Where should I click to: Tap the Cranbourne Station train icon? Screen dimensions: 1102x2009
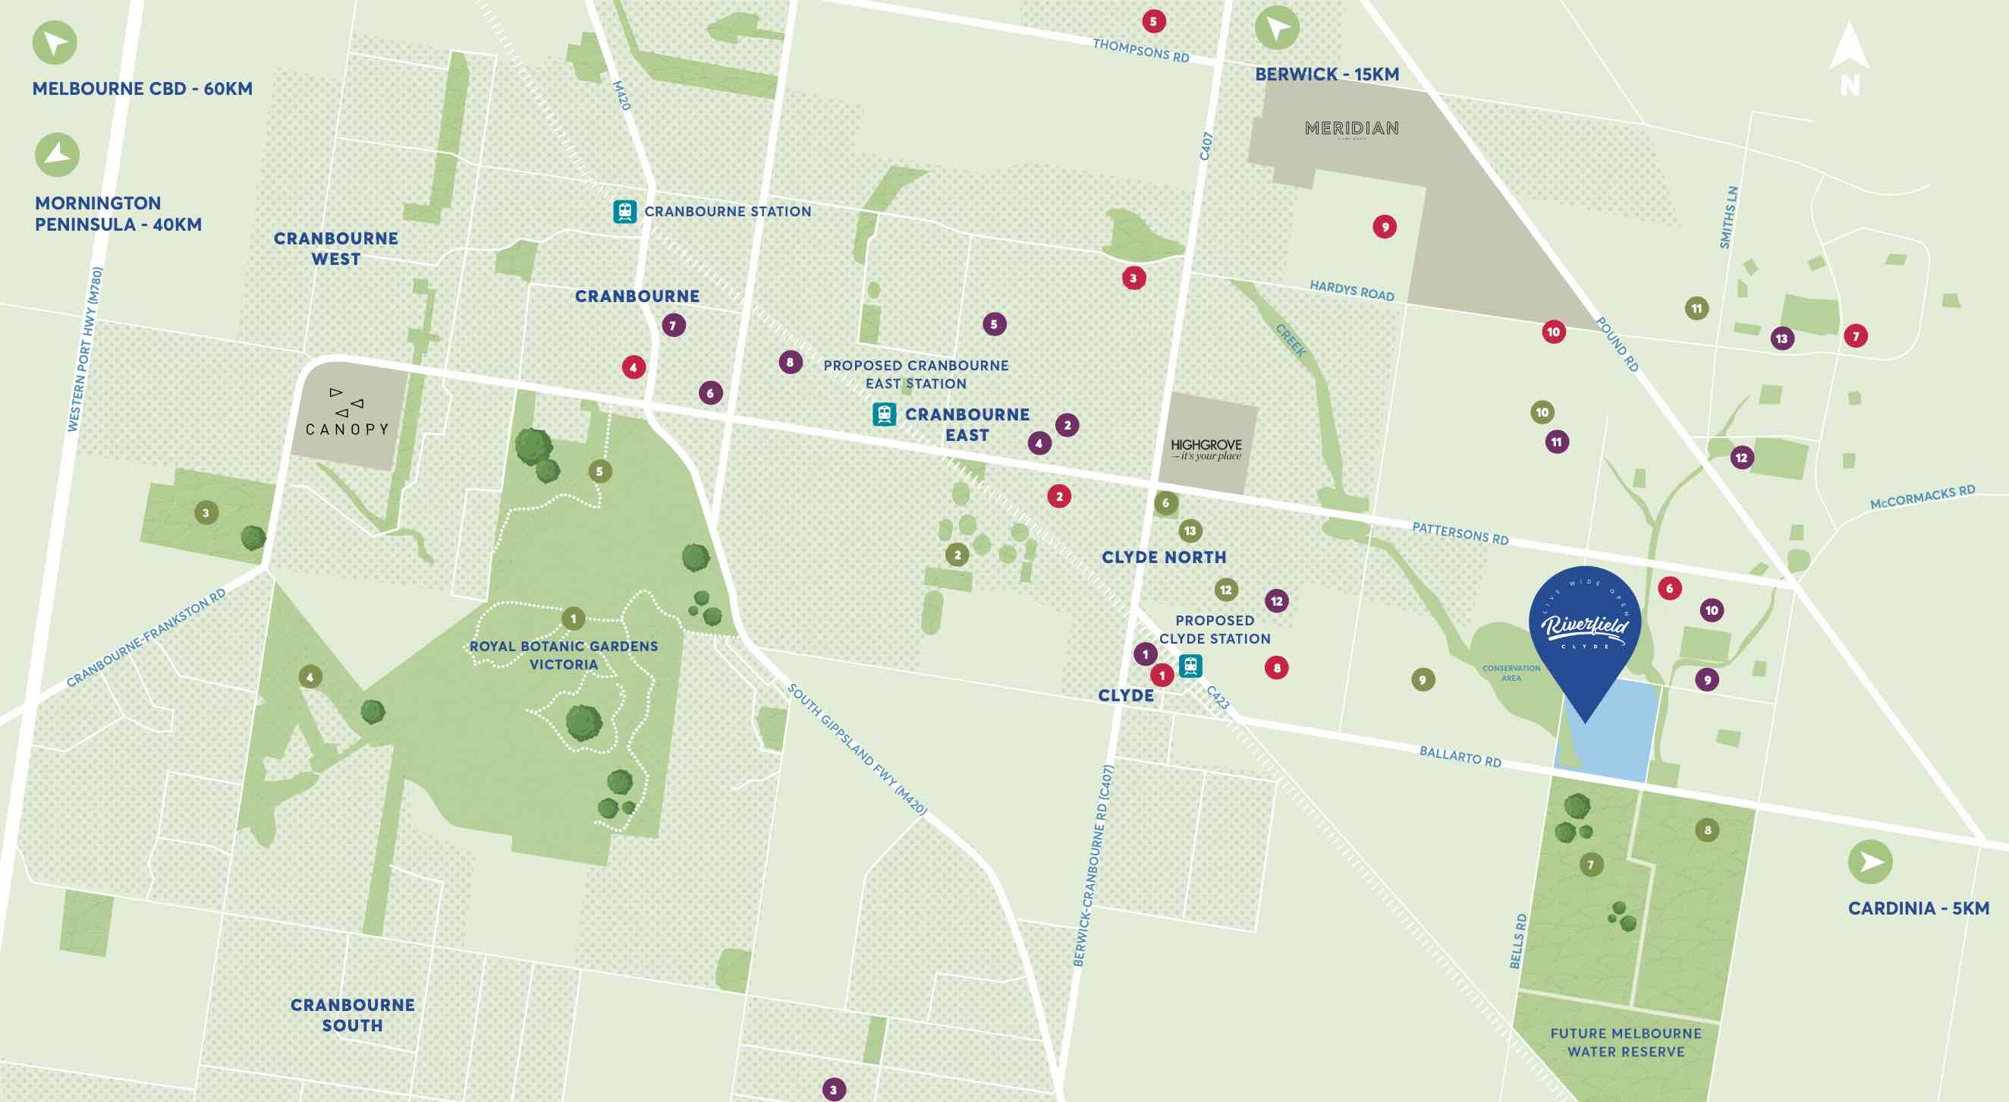tap(624, 211)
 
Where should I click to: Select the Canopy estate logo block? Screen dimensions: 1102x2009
tap(347, 414)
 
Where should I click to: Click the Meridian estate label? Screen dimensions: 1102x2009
tap(1351, 128)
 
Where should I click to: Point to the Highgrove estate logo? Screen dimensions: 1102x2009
tap(1206, 449)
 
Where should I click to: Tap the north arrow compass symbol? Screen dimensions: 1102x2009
tap(1849, 59)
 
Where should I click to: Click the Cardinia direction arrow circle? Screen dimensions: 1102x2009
tap(1869, 861)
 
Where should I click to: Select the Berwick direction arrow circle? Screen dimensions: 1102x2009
tap(1277, 29)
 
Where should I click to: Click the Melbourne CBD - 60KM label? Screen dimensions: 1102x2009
tap(143, 89)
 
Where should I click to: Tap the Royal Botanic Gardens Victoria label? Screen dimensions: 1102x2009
tap(564, 655)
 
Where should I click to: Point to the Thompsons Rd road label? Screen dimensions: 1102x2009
tap(1140, 51)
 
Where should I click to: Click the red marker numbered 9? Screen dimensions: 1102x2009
tap(1385, 227)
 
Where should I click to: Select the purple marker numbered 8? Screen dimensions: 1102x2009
tap(790, 362)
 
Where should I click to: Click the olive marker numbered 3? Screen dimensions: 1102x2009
tap(206, 512)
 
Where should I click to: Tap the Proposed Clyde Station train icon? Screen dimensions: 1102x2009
tap(1190, 666)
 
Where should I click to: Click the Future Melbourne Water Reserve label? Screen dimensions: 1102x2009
tap(1625, 1042)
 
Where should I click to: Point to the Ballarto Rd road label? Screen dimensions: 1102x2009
tap(1460, 757)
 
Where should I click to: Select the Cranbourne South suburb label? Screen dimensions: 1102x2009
tap(353, 1015)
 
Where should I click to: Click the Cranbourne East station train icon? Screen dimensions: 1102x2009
tap(884, 414)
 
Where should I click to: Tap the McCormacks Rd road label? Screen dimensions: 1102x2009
tap(1922, 498)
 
